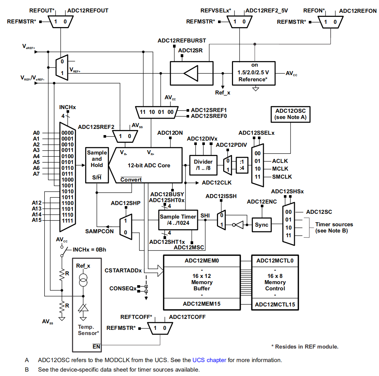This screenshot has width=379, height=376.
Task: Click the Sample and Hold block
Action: (97, 165)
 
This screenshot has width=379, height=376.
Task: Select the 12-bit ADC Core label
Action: (149, 165)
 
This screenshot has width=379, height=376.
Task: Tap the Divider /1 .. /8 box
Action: (203, 165)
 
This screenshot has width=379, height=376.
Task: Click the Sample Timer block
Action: (178, 220)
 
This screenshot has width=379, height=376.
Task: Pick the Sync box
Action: (262, 225)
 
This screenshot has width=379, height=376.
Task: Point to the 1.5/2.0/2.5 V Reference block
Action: (254, 73)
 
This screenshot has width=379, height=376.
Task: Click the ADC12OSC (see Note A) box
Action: (290, 114)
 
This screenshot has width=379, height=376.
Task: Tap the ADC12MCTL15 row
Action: (275, 304)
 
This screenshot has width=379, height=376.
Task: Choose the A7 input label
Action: (36, 174)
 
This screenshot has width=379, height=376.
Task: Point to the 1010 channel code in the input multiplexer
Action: (67, 191)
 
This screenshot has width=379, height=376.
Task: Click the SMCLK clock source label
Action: (280, 177)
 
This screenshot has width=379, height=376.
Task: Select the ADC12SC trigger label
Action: (319, 212)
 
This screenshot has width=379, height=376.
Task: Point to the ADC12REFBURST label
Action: (182, 40)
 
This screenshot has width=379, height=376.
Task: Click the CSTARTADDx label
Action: (123, 271)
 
